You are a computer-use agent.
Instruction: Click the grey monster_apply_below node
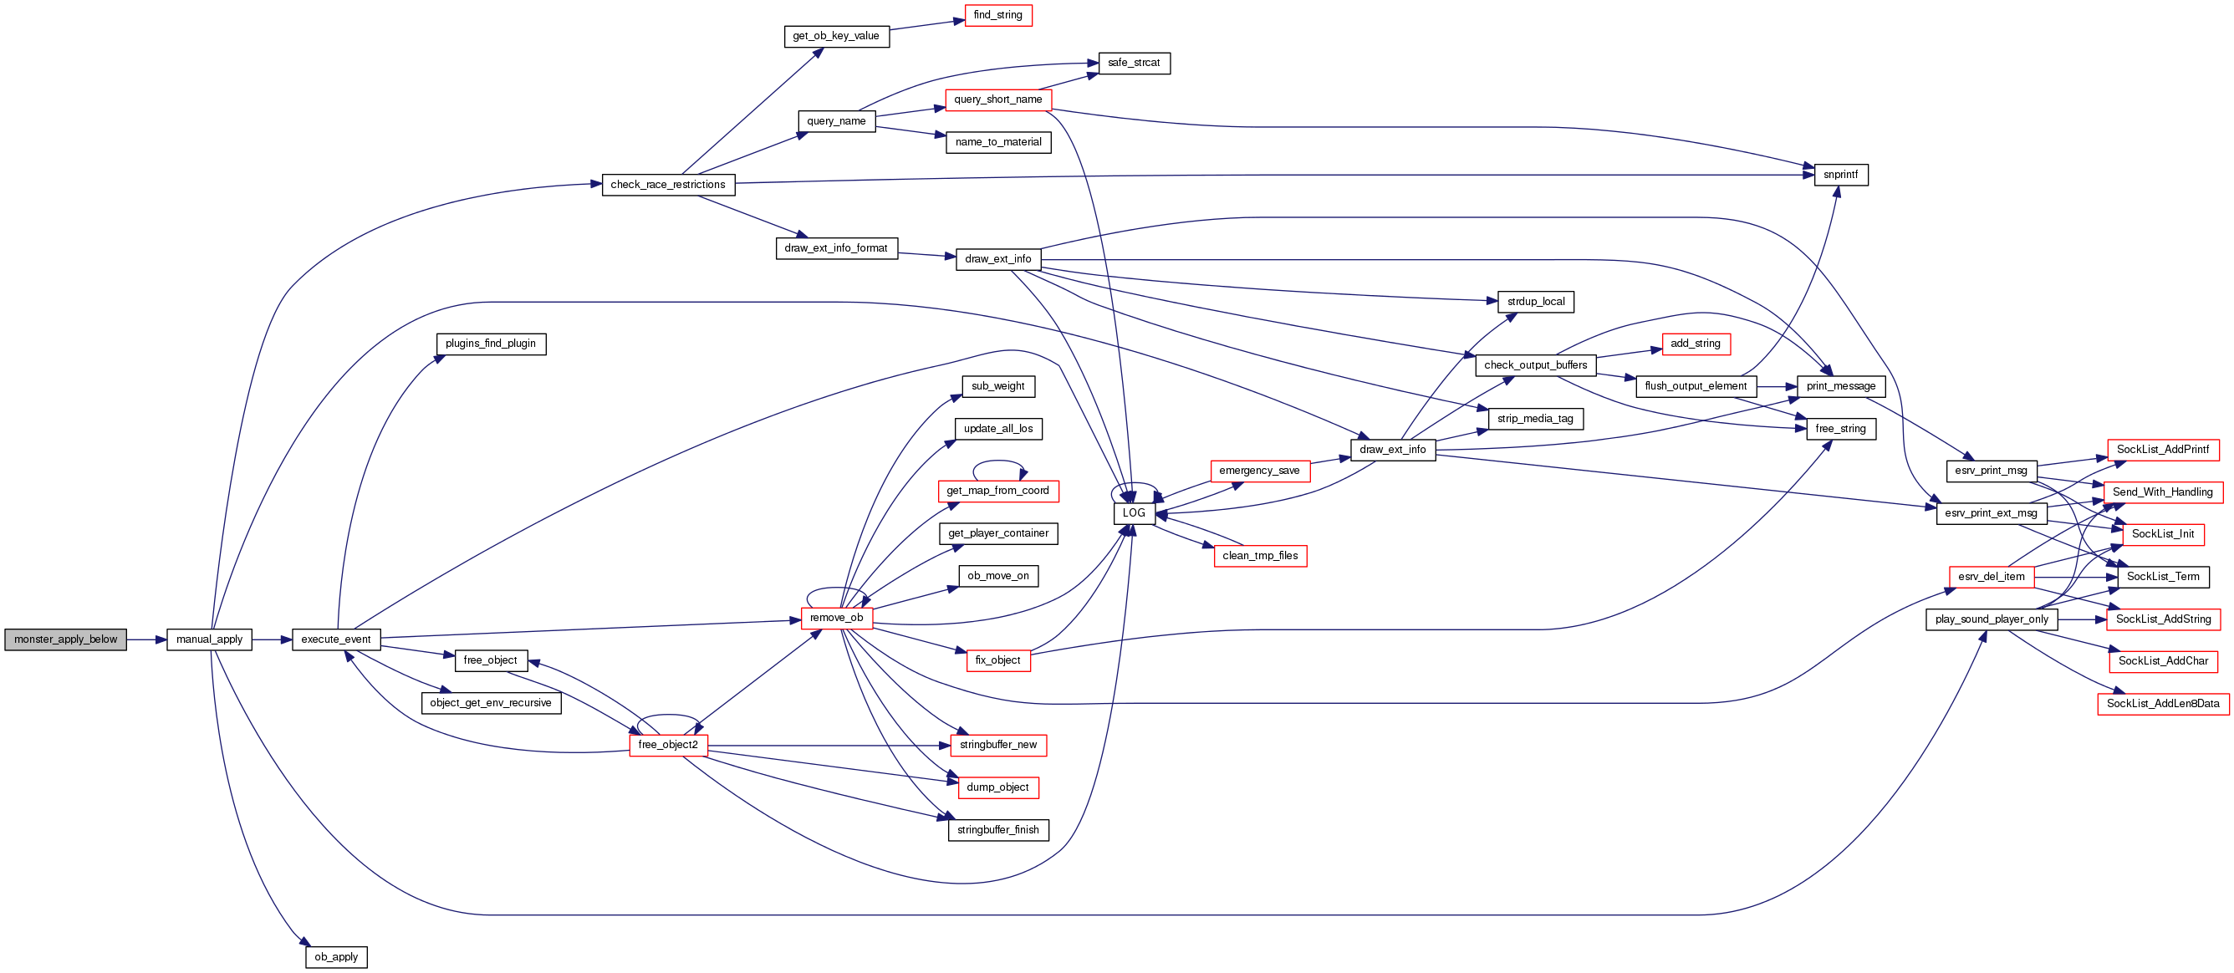[65, 639]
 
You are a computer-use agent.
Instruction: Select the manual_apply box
[209, 639]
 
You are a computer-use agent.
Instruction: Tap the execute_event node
[335, 639]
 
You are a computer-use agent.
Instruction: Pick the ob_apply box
[335, 956]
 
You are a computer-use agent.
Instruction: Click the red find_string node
[997, 15]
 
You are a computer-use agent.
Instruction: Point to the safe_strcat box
[1134, 63]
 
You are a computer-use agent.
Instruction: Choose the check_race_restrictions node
[668, 184]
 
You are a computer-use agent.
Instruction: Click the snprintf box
[1840, 175]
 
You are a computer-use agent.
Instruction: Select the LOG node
[1134, 512]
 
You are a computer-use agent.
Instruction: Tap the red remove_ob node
[836, 618]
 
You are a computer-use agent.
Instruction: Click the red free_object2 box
[668, 744]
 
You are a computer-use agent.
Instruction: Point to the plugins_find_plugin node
[490, 344]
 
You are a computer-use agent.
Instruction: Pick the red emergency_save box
[1259, 470]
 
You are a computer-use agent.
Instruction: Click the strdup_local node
[1535, 301]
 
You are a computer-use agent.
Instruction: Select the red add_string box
[1695, 344]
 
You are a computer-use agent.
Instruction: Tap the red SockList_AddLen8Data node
[2162, 703]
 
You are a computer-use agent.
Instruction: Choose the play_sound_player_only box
[1992, 619]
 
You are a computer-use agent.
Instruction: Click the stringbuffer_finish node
[997, 829]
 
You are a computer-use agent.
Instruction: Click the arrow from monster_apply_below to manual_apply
[145, 639]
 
